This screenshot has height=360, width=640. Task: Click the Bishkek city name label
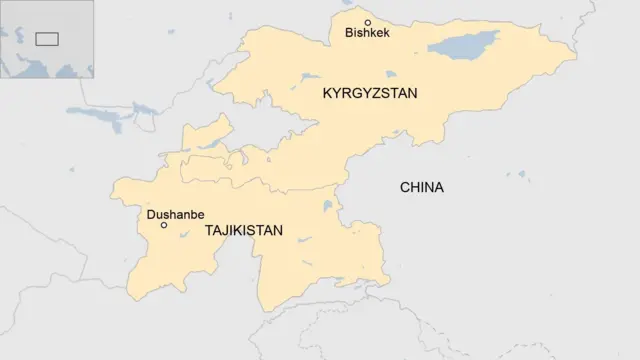click(x=367, y=33)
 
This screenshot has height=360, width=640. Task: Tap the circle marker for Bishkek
click(x=367, y=22)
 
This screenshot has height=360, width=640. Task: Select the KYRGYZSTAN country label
click(x=369, y=93)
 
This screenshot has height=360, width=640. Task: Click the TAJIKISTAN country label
click(x=243, y=230)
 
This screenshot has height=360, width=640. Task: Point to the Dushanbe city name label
click(x=175, y=214)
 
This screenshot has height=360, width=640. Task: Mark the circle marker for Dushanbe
click(x=164, y=225)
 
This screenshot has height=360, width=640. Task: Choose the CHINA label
click(x=421, y=187)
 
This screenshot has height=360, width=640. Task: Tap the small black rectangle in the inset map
click(x=46, y=39)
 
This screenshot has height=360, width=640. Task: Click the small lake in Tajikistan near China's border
click(x=327, y=208)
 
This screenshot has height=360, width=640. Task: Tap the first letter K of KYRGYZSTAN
click(x=327, y=93)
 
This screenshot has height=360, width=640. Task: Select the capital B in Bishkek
click(x=349, y=33)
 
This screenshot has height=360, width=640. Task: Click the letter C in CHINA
click(x=404, y=187)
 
